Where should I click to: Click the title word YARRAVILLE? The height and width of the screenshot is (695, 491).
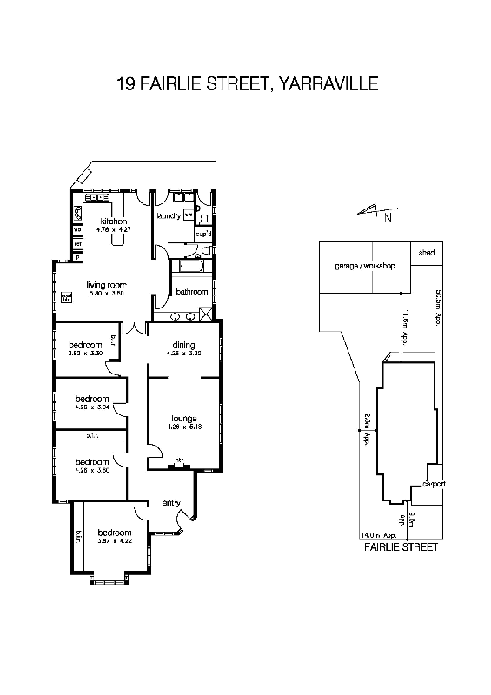[329, 85]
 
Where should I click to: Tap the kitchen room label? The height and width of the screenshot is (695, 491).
[114, 222]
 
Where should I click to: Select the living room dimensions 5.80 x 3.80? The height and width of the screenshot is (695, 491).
[106, 294]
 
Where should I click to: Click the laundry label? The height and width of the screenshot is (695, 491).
[168, 215]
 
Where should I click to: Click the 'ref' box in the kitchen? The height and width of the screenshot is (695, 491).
[77, 244]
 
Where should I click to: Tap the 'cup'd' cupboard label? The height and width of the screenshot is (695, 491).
[202, 234]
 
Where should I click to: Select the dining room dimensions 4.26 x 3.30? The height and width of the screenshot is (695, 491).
[183, 354]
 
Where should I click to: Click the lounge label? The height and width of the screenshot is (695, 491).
[183, 418]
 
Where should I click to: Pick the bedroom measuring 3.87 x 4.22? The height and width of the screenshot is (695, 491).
[114, 533]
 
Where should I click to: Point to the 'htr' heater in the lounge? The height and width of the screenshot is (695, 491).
[180, 460]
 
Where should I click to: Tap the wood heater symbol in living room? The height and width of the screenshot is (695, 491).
[65, 299]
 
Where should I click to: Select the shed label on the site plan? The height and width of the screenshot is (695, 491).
[426, 253]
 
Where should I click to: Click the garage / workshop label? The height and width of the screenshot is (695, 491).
[365, 265]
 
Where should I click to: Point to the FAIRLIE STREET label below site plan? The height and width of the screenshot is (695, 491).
[400, 549]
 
